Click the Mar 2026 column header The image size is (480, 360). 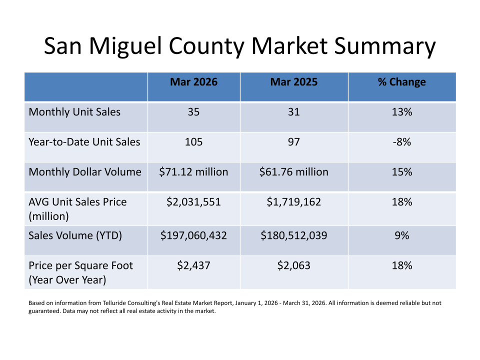[x=193, y=82]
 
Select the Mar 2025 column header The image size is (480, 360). [x=293, y=82]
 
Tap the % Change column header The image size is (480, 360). [x=401, y=82]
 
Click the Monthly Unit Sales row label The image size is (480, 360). [x=74, y=112]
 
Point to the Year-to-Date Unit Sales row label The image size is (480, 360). [x=84, y=142]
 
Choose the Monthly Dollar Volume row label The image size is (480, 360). [x=85, y=172]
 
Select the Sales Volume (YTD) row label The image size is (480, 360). [x=75, y=235]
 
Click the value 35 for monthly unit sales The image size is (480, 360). [x=193, y=112]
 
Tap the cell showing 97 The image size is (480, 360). [x=293, y=142]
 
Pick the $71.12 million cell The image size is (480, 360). [x=193, y=172]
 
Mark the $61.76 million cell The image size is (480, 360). [x=293, y=172]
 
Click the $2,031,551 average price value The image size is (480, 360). [x=193, y=202]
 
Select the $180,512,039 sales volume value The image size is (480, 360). [x=293, y=235]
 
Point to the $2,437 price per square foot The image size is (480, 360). [x=193, y=265]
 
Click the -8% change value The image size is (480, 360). [x=401, y=142]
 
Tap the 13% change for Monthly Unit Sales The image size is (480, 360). [x=401, y=112]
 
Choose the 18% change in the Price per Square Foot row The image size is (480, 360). [x=401, y=265]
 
